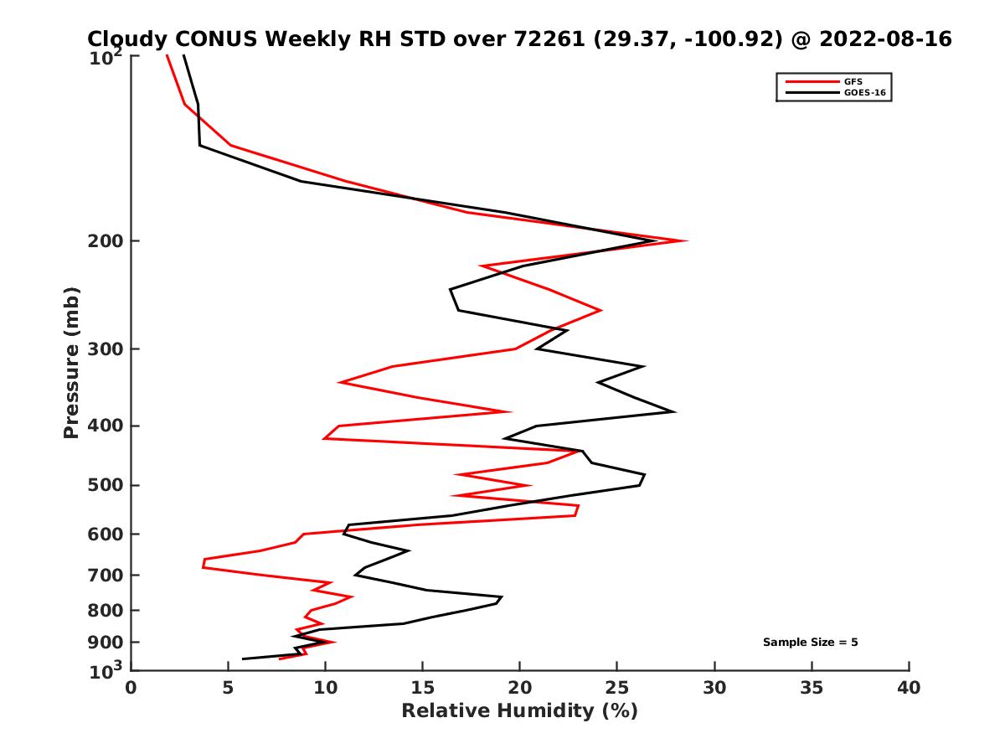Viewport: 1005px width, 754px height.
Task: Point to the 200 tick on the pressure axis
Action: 107,241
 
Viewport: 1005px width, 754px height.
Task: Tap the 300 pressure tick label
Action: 107,349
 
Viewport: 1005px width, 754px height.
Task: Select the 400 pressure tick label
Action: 107,426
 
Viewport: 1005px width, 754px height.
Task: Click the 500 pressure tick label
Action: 107,485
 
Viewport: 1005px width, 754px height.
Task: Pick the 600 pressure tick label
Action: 107,534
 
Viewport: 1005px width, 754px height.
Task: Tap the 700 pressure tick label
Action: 107,575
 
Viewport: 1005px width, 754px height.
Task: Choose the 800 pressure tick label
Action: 107,610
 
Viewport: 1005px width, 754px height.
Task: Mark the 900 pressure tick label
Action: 107,642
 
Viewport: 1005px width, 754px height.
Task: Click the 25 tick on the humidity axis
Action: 617,688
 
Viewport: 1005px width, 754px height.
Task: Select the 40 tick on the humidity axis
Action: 909,688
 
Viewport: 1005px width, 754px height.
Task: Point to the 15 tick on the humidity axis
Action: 423,688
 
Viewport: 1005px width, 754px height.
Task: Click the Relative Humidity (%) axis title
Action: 519,711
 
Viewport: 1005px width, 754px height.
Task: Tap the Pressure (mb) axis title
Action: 71,362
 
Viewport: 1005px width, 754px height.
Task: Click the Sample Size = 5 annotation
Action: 810,643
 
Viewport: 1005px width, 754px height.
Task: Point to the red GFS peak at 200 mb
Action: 686,241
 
